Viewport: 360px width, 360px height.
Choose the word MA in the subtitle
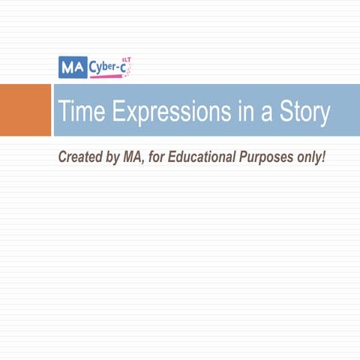tap(133, 158)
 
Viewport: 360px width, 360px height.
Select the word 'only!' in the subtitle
tap(313, 158)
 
